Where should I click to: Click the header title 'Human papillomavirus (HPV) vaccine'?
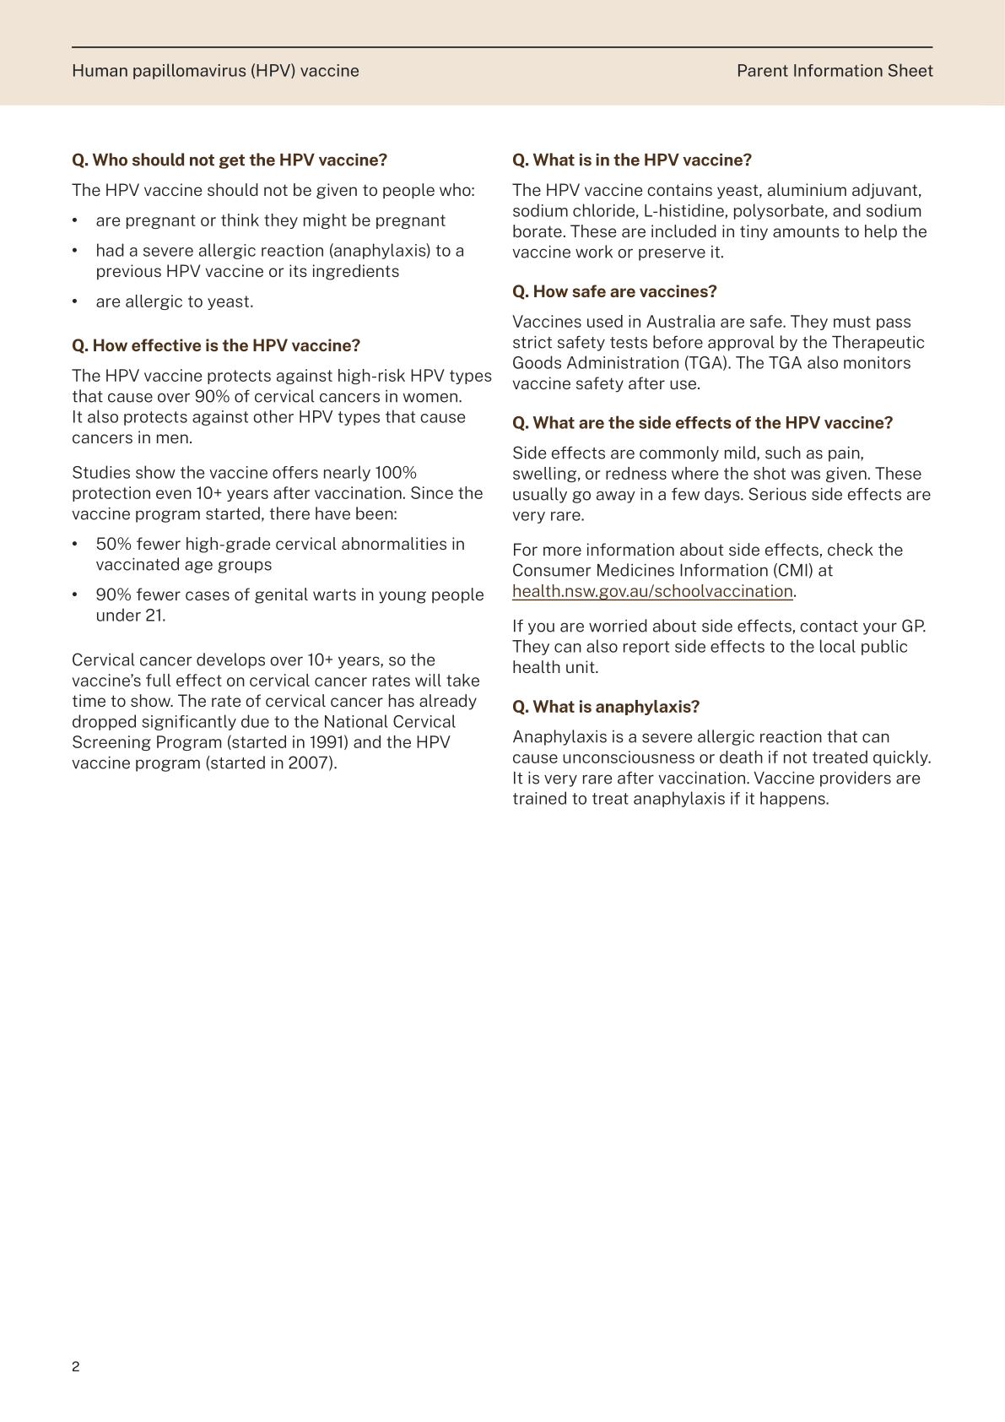[215, 71]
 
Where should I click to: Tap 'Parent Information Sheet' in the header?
[835, 71]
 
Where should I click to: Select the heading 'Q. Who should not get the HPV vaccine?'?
[230, 160]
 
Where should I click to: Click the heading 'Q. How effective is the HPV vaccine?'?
[216, 345]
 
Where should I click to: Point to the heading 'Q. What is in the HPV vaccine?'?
[632, 160]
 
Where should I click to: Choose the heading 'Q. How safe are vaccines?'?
[614, 291]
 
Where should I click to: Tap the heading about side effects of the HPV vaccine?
[702, 423]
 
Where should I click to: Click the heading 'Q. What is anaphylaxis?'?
[606, 707]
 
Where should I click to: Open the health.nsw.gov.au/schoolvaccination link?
[652, 591]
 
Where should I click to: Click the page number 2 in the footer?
[76, 1367]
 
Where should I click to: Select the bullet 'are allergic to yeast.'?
[175, 301]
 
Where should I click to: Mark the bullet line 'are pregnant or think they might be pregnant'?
[271, 220]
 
